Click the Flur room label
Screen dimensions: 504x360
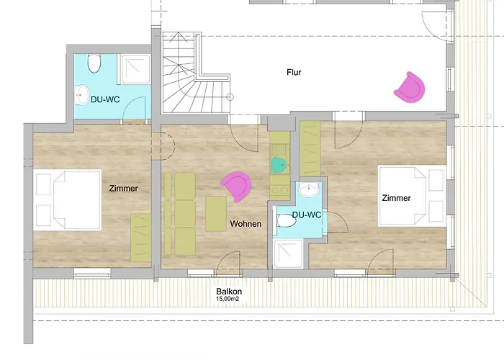(x=294, y=72)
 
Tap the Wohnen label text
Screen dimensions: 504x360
(x=246, y=224)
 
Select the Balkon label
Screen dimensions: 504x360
(x=229, y=292)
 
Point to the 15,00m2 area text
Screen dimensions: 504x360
(x=228, y=299)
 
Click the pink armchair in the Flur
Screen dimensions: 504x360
(x=410, y=87)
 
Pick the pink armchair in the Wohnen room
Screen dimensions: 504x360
(x=236, y=186)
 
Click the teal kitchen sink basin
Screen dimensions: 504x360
(x=279, y=165)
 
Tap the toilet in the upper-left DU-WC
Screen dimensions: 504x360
(x=94, y=63)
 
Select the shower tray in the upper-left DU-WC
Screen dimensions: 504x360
(x=135, y=69)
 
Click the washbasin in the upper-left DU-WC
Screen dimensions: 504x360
(x=81, y=95)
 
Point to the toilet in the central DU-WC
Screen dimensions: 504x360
(x=286, y=221)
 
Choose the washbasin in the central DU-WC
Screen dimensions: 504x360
(x=309, y=189)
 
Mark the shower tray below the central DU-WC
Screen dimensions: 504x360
(x=288, y=253)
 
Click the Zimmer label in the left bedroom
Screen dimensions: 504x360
(x=124, y=189)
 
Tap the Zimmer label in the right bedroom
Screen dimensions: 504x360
(x=396, y=198)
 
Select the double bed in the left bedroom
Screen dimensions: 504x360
(x=68, y=200)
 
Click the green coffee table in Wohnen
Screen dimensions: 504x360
(x=216, y=214)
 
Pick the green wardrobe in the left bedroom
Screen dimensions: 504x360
(x=141, y=238)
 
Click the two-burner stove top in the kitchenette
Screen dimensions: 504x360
(x=280, y=190)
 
